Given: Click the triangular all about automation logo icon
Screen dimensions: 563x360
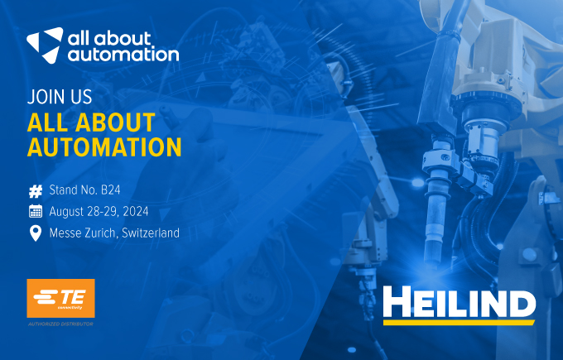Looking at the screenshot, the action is (x=46, y=45).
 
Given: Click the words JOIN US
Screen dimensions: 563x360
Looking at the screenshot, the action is (x=60, y=97).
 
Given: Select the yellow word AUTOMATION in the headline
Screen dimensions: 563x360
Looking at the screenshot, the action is (x=104, y=146).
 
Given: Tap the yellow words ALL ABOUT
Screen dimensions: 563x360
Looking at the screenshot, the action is (x=91, y=122).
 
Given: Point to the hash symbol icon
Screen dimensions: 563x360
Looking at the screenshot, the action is (x=36, y=191).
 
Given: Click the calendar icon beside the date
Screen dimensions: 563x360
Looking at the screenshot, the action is (x=36, y=211).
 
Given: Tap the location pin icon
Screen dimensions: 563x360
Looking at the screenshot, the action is (x=36, y=233).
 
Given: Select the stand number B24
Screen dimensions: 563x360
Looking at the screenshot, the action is (x=111, y=190).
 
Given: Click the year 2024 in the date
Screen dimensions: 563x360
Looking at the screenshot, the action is (x=135, y=211).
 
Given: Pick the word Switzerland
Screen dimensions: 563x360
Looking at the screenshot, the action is (x=151, y=233).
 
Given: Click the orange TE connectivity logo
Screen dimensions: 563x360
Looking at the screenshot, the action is (x=60, y=298).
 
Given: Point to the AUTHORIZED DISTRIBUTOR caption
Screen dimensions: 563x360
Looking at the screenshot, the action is (x=60, y=324).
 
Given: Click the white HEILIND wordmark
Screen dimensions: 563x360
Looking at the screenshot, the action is (x=460, y=301).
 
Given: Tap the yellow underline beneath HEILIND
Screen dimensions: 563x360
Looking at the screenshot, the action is (x=460, y=323).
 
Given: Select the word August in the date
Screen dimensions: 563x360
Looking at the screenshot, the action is (x=68, y=212).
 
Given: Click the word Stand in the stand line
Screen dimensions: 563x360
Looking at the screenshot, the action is (x=63, y=190).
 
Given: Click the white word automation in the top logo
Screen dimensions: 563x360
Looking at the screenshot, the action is (x=123, y=55).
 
